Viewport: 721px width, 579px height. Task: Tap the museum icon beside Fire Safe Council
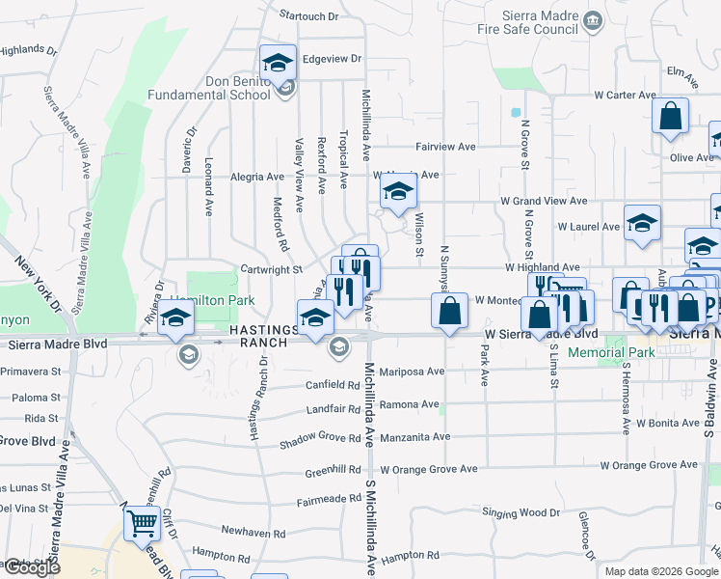(593, 18)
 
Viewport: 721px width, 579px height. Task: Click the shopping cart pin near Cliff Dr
(142, 525)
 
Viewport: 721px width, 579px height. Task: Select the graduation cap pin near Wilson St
(397, 192)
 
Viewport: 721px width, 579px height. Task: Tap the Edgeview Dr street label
(331, 59)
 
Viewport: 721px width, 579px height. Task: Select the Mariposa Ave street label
(412, 371)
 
